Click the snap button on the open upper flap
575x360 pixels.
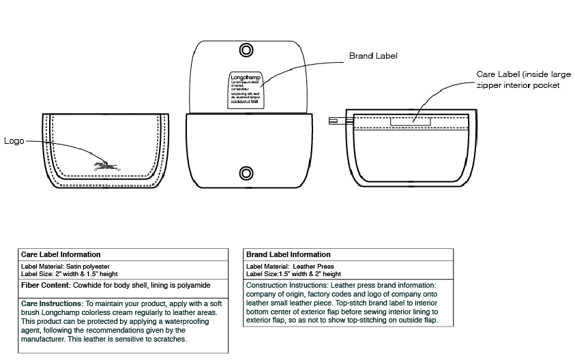click(x=246, y=50)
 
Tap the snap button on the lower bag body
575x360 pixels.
click(x=246, y=171)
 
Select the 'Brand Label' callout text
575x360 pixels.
click(x=373, y=56)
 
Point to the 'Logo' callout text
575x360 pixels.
click(x=14, y=141)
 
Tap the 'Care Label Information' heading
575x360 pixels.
click(x=61, y=254)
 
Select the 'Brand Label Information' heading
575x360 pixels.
click(x=288, y=254)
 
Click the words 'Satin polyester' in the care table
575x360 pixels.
click(x=88, y=266)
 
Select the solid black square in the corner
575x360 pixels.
click(x=545, y=340)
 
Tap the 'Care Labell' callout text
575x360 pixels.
click(x=497, y=74)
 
